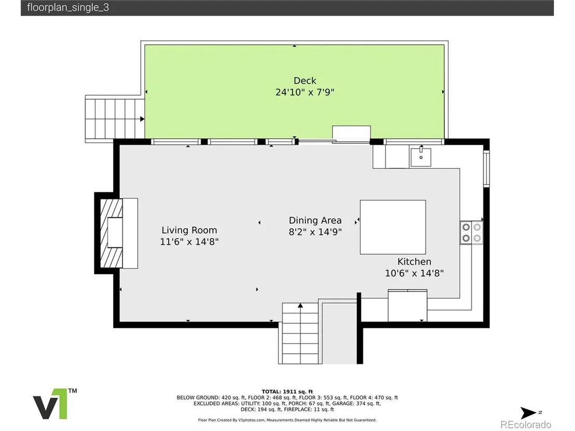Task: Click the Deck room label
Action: click(305, 80)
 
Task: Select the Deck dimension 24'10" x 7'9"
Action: click(305, 92)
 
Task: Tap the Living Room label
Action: click(189, 230)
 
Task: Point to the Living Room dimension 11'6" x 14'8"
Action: click(189, 242)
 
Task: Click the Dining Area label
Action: click(315, 220)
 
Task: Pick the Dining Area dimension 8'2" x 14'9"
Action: click(315, 232)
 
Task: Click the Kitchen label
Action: click(414, 262)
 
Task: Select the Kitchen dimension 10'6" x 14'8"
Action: click(414, 273)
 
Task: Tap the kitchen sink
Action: click(421, 156)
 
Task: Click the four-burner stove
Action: click(472, 232)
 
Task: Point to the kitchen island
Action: click(393, 227)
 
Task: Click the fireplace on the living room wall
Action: click(112, 233)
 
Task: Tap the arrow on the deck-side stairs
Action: click(142, 119)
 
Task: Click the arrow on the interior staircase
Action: click(300, 305)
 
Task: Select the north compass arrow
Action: click(528, 413)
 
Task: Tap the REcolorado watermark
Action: click(526, 424)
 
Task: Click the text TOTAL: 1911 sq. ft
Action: click(287, 392)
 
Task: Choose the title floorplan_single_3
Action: click(68, 7)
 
